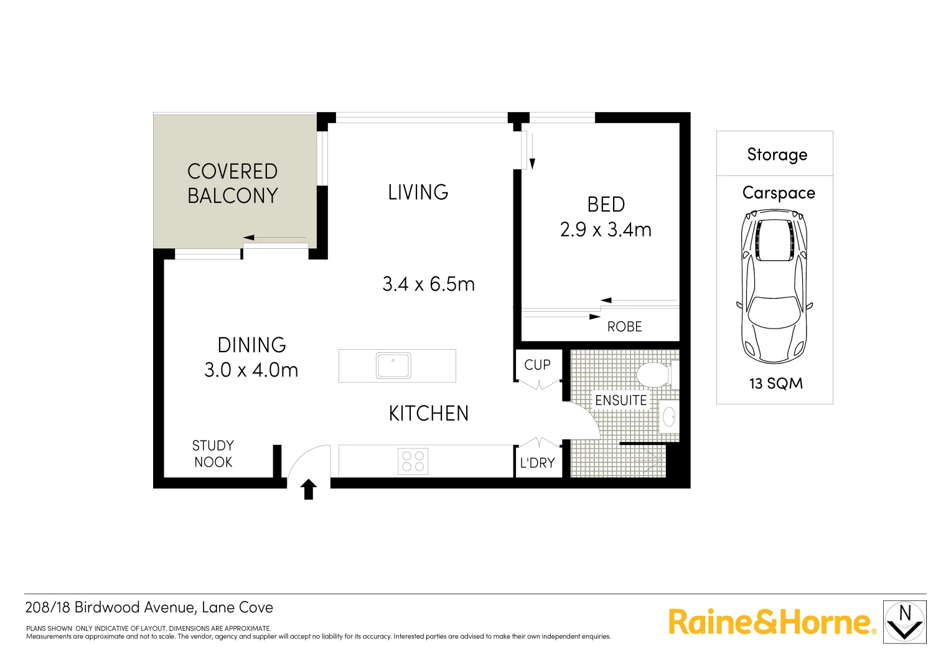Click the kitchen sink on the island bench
[x=393, y=366]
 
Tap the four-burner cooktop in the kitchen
[x=413, y=461]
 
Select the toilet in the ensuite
[x=653, y=375]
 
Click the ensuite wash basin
[x=669, y=416]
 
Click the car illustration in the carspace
[x=774, y=286]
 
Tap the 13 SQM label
[x=775, y=383]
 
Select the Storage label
[x=777, y=154]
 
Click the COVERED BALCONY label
[x=232, y=184]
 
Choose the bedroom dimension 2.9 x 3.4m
[x=606, y=230]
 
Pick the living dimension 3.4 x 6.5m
[x=428, y=284]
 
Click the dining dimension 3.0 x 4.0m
[x=251, y=370]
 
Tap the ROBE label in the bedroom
[x=624, y=327]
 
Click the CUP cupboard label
[x=537, y=365]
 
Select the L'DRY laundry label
[x=537, y=463]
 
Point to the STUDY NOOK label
[x=213, y=454]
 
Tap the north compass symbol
[x=905, y=622]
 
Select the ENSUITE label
[x=621, y=400]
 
